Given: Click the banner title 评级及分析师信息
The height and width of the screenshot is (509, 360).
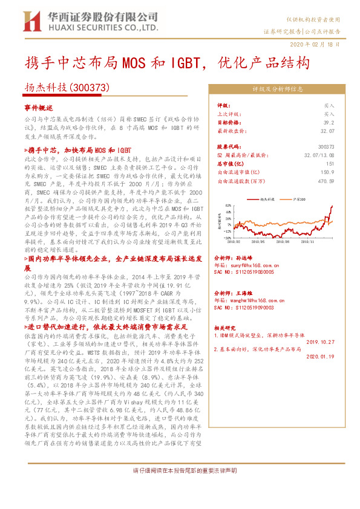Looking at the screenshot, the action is coord(278,89).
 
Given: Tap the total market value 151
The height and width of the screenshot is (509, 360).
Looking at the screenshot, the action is coord(330,163).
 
